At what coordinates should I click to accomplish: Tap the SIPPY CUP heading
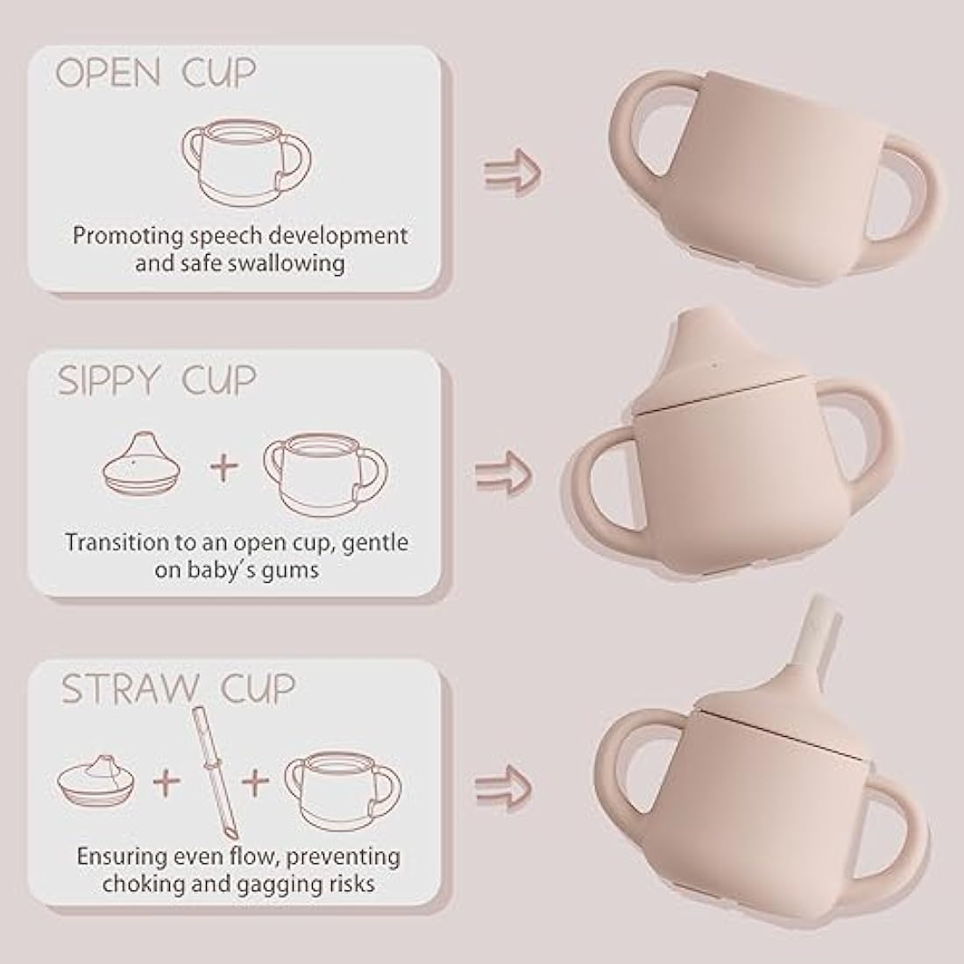(x=157, y=382)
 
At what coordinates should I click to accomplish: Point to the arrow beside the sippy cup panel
(x=504, y=473)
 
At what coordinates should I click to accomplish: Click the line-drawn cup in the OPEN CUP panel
(x=246, y=162)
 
